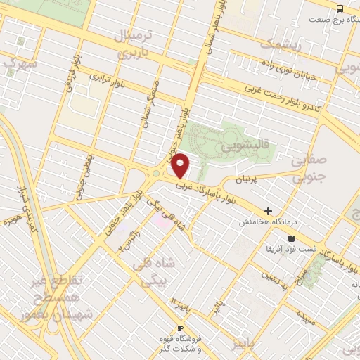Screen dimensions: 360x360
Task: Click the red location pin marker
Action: coord(181,165)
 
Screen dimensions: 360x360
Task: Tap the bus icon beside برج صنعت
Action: coord(340,8)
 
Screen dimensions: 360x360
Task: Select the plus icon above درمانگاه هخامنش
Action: coord(267,211)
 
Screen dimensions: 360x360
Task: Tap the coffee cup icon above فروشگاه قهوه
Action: coord(181,328)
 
